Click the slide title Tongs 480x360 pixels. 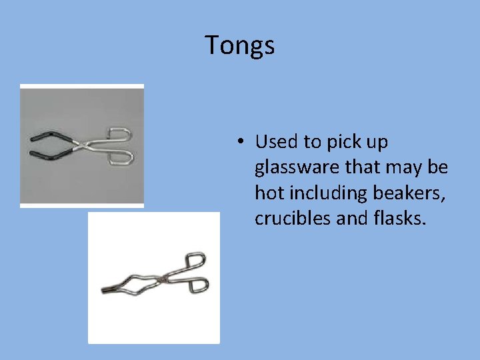pos(239,45)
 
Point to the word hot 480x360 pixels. pos(267,193)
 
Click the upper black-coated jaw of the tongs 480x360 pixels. pos(47,135)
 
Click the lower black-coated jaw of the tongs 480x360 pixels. pos(47,155)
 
